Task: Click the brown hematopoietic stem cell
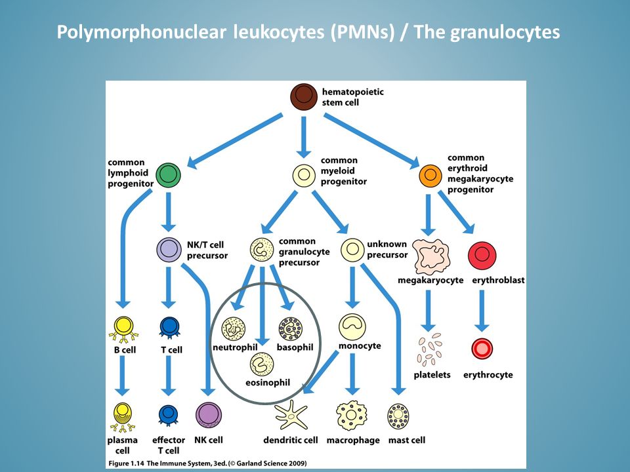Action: coord(304,97)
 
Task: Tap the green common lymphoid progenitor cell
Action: coord(169,175)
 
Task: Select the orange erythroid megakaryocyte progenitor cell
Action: coord(430,176)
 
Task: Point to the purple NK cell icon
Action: coord(209,415)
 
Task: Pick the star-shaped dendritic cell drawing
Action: coord(291,415)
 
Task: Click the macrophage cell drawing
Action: coord(352,416)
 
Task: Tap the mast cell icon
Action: coord(398,416)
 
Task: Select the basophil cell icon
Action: coord(291,329)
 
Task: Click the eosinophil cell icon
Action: coord(262,364)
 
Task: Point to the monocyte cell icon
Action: coord(352,326)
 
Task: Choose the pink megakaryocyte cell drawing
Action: coord(431,257)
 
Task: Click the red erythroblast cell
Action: coord(482,256)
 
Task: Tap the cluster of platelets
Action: coord(429,349)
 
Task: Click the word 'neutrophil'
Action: coord(235,347)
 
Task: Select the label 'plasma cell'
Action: coord(123,445)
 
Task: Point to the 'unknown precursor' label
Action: coord(387,249)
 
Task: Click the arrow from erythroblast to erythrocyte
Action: coord(482,311)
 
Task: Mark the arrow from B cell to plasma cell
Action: coord(122,376)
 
